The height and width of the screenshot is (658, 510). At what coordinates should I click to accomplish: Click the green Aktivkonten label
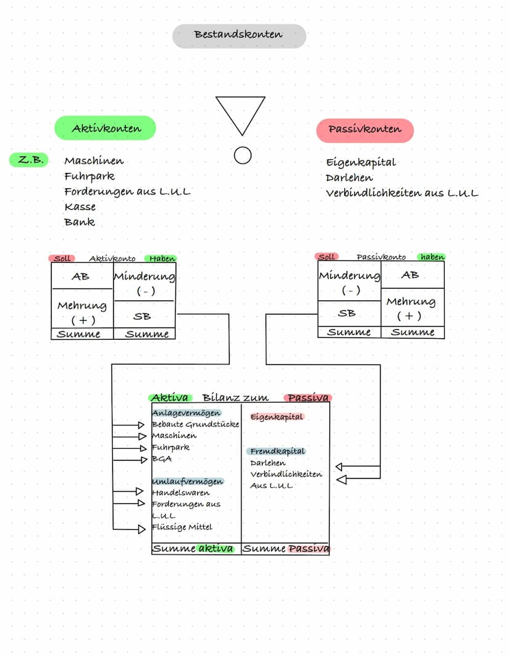(x=105, y=128)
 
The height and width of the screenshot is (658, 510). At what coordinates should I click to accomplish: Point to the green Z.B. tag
(x=29, y=160)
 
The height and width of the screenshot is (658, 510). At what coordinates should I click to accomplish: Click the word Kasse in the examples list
(x=79, y=207)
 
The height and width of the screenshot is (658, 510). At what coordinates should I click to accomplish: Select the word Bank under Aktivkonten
(x=79, y=222)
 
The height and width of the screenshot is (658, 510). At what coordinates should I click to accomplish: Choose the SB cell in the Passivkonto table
(x=349, y=313)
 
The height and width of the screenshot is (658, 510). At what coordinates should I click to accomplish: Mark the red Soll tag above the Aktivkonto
(x=62, y=258)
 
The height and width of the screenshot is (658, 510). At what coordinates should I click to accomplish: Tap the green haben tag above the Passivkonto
(x=432, y=257)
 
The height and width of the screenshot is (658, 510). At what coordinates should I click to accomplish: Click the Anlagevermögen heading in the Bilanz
(x=187, y=413)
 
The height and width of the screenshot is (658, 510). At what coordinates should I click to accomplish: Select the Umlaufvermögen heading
(x=188, y=481)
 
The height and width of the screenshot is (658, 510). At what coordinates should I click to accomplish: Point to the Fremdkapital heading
(x=277, y=451)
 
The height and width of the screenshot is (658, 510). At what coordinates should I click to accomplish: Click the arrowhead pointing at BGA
(x=144, y=460)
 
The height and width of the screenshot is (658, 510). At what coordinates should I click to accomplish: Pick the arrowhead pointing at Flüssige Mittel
(x=142, y=529)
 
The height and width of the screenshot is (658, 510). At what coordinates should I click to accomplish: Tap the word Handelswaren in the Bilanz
(x=180, y=492)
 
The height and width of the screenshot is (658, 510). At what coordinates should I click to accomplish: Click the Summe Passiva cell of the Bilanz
(x=285, y=548)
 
